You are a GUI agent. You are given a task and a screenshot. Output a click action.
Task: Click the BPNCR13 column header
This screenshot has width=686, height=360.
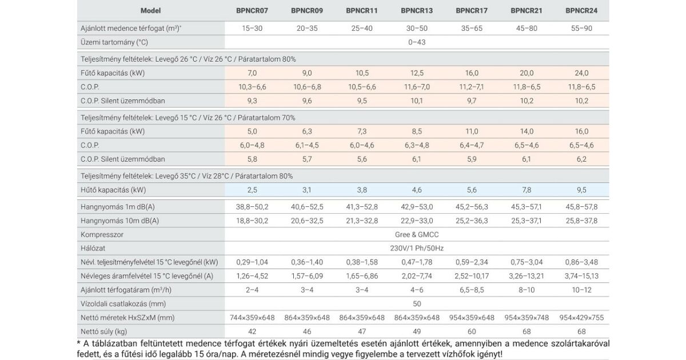coord(417,10)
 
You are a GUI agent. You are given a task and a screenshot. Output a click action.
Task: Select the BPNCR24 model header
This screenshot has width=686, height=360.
coord(581,10)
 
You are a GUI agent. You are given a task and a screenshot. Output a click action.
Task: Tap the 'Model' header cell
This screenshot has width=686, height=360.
coord(150,10)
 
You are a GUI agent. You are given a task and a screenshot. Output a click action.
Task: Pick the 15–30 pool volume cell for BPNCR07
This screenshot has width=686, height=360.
coord(252,28)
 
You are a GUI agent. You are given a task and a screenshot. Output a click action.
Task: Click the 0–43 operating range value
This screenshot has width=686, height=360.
coord(417,42)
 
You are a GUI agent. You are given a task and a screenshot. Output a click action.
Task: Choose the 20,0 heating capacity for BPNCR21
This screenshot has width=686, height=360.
coord(527,73)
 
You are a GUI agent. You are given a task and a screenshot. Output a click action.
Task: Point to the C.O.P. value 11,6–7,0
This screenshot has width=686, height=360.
coord(417,87)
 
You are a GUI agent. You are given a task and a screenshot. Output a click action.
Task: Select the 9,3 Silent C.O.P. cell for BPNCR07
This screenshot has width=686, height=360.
coord(252,101)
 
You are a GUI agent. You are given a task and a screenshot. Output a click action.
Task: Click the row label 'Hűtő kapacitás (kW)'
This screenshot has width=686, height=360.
coord(112,189)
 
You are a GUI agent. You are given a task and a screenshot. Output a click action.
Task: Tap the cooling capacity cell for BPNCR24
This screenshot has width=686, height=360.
coord(581,189)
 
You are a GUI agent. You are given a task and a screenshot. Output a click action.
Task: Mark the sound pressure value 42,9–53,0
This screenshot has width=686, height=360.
coord(417,207)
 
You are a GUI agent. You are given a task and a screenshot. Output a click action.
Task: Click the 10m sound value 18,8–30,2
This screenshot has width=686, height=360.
coord(252,221)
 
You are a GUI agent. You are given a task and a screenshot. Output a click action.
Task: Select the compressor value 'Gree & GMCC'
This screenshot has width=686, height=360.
coord(417,234)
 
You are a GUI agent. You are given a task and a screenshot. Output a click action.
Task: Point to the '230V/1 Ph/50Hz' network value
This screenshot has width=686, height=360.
coord(417,248)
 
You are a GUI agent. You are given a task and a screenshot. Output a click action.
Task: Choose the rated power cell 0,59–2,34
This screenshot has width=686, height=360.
coord(472,262)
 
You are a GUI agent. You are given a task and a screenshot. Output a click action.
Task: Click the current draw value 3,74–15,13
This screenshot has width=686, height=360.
coord(581,276)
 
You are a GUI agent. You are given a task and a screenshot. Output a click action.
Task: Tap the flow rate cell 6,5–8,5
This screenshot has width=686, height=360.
coord(472,290)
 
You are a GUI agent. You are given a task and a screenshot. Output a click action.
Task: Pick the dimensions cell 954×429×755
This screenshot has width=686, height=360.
coord(581,318)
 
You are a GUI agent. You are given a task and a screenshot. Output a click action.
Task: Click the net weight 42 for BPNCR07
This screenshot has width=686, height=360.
coord(252,331)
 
